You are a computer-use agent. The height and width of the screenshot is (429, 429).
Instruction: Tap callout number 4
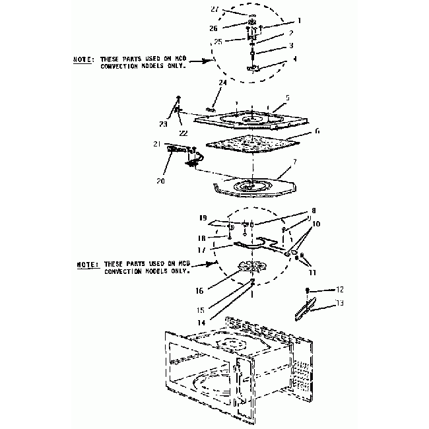pyautogui.click(x=294, y=59)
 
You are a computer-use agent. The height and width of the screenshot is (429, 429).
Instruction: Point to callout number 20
pyautogui.click(x=160, y=180)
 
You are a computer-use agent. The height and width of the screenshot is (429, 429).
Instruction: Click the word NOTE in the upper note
pyautogui.click(x=82, y=60)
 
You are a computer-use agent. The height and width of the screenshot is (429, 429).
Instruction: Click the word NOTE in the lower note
pyautogui.click(x=86, y=263)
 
